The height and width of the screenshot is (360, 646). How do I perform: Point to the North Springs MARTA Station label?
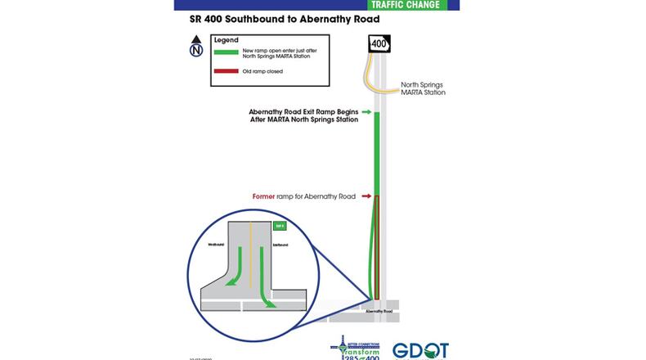423,88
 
